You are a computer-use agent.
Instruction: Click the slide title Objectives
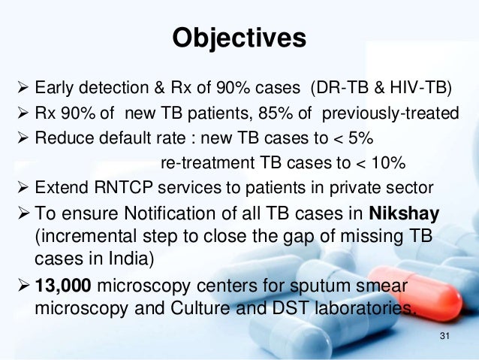(x=239, y=37)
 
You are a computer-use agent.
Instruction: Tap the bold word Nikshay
(x=403, y=213)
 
